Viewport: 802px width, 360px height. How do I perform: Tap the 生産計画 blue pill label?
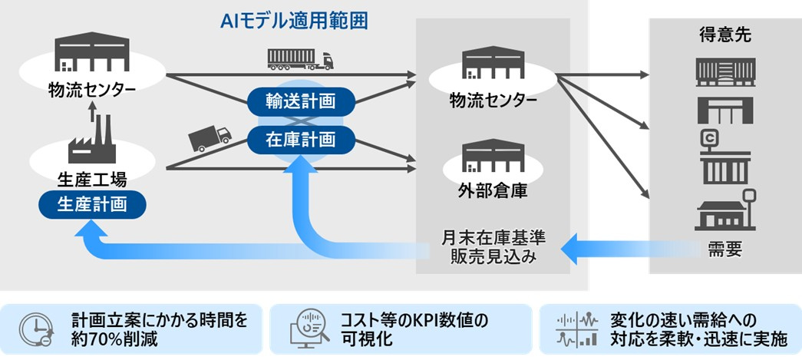[91, 204]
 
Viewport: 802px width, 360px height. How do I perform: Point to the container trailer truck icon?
[300, 58]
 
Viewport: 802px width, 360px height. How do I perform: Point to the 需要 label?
[724, 249]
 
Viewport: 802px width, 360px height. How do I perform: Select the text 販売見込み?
[493, 257]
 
